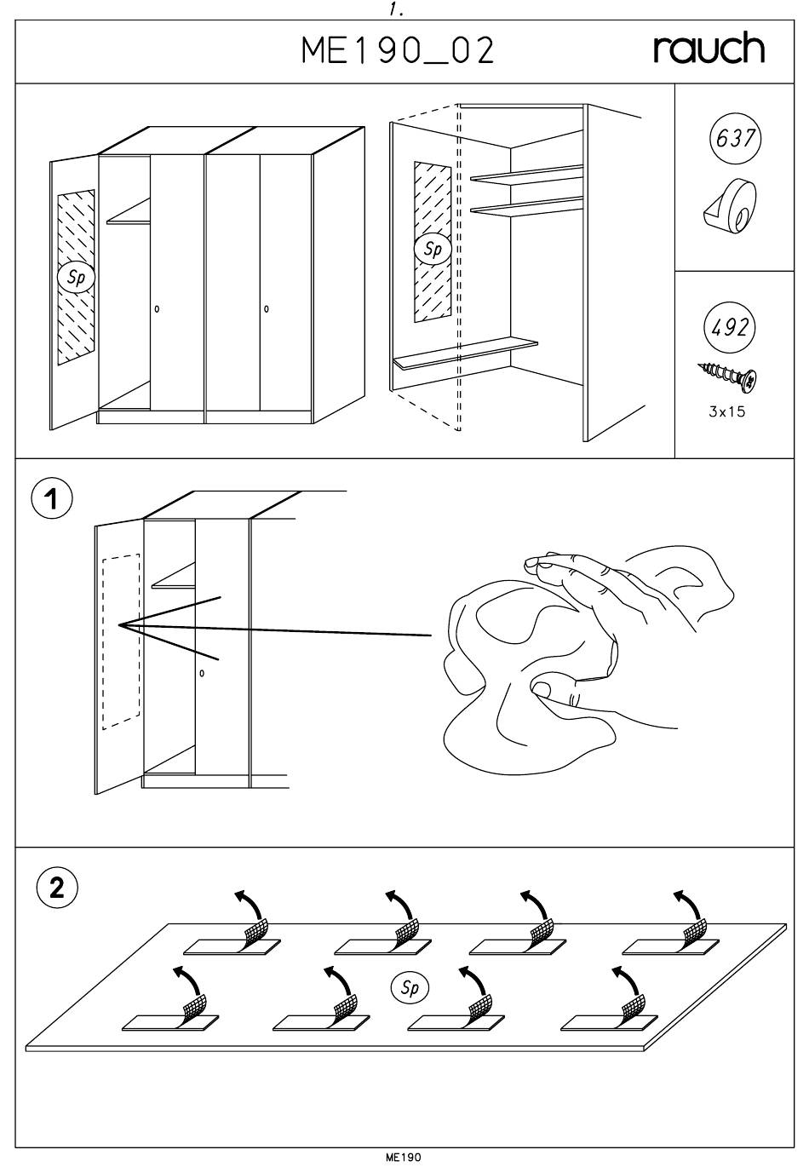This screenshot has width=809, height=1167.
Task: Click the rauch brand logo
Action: click(x=709, y=49)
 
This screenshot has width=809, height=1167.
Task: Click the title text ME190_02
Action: click(x=398, y=52)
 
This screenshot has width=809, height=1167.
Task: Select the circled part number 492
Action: click(x=730, y=327)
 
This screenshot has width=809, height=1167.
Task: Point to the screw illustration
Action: click(x=728, y=376)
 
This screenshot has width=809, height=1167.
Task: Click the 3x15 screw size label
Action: click(x=727, y=412)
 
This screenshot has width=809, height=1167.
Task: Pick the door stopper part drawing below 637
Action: click(x=732, y=205)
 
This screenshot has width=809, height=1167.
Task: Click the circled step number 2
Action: click(x=56, y=888)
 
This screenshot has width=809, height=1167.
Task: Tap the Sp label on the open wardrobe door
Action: click(x=76, y=277)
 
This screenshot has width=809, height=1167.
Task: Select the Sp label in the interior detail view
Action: click(x=433, y=249)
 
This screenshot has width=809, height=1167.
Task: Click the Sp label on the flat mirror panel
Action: click(x=410, y=987)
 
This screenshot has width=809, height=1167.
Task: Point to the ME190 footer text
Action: click(x=404, y=1157)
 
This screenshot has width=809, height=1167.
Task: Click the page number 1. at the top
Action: click(x=395, y=10)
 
